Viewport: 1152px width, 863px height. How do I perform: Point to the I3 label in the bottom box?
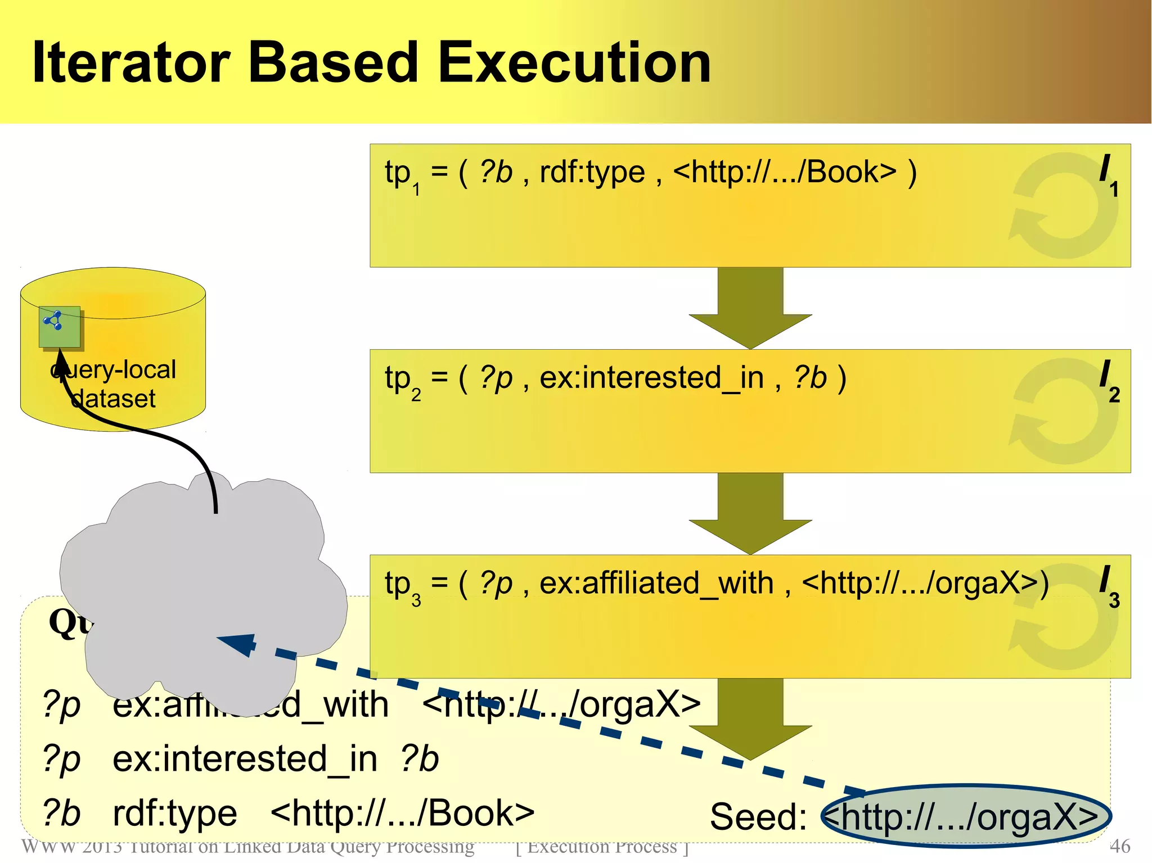point(1108,586)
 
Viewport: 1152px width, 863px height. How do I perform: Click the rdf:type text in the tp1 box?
point(592,172)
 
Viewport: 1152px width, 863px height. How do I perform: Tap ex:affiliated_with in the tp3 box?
point(656,584)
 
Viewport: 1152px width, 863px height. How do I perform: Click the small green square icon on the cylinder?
point(59,327)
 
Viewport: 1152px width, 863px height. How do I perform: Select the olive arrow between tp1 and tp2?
point(750,309)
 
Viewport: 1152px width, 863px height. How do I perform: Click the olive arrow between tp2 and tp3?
point(750,514)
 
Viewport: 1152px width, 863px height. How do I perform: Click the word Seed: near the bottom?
point(758,816)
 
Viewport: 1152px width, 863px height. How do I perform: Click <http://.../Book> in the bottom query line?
point(402,814)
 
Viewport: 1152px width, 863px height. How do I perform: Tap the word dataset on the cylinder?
point(114,399)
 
